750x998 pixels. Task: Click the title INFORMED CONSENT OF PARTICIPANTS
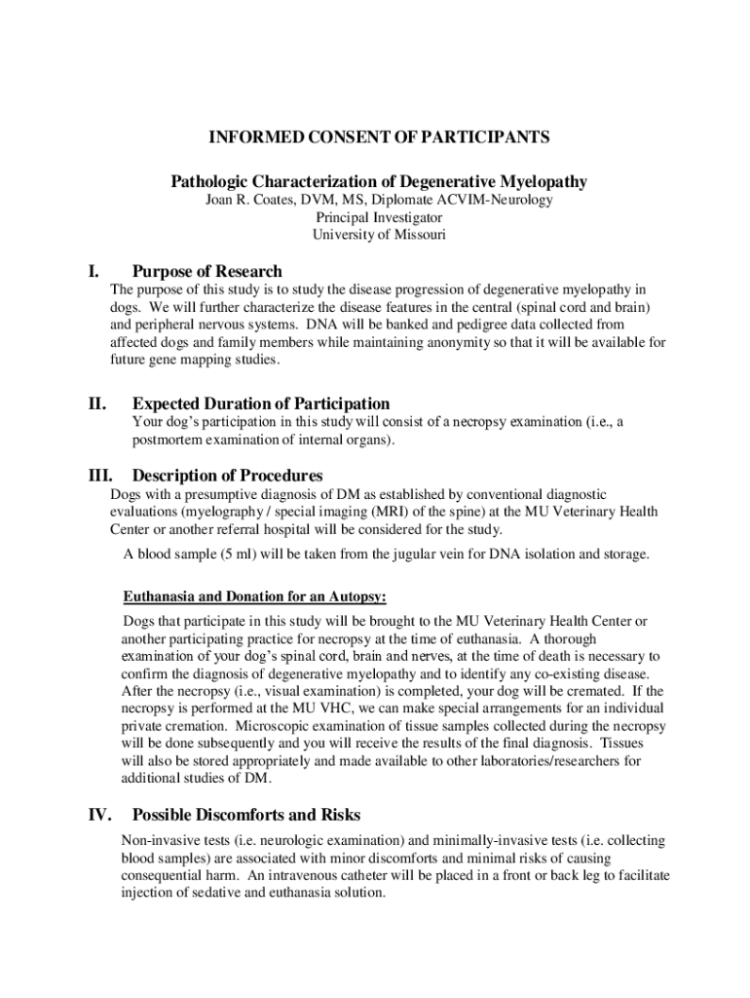click(379, 137)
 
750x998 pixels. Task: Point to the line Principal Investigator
click(378, 217)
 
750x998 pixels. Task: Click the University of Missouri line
click(378, 235)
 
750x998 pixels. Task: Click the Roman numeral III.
click(99, 476)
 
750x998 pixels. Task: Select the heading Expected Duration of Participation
click(261, 403)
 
